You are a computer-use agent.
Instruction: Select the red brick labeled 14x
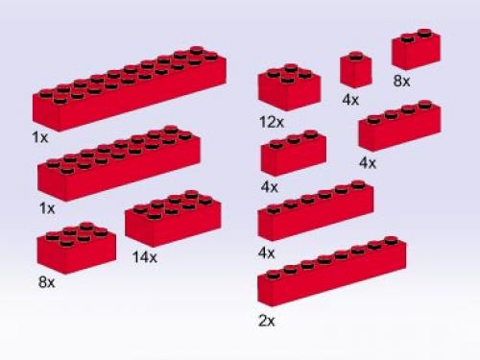pos(173,220)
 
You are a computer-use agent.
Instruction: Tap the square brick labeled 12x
pos(288,88)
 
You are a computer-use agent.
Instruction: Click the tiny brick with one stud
pos(355,71)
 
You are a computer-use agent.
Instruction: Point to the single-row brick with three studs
pos(293,154)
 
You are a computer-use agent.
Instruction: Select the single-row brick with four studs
pos(398,127)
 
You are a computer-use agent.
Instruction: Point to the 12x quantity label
pos(272,122)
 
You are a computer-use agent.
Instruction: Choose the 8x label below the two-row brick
pos(46,284)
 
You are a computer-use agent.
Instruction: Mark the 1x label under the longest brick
pos(39,138)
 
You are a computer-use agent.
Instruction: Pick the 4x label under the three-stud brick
pos(269,186)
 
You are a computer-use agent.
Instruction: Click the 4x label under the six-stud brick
pos(266,252)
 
